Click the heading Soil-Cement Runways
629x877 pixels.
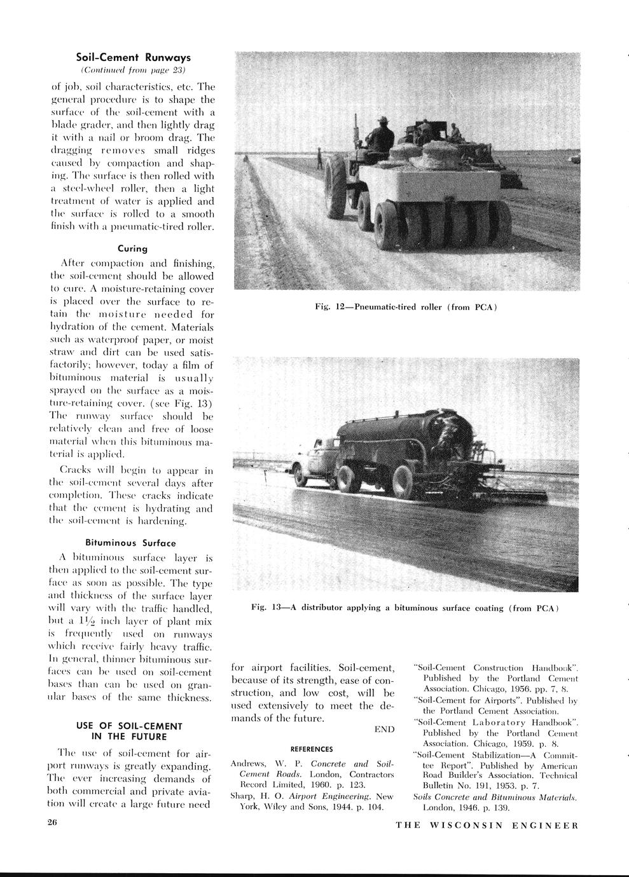[133, 58]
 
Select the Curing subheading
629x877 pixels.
[132, 248]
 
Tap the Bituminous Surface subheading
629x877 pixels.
[130, 543]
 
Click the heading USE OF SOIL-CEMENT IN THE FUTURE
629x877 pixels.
[129, 731]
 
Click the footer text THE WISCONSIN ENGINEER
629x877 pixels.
[487, 826]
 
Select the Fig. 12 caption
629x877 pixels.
[405, 308]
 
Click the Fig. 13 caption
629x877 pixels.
[404, 608]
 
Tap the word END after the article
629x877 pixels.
[384, 729]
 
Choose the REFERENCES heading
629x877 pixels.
[312, 749]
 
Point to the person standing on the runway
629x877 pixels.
[319, 159]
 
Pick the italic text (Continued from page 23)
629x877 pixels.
[133, 69]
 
